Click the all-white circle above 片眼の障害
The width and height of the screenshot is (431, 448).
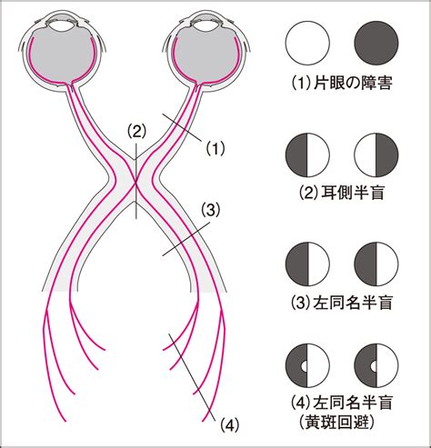pos(307,43)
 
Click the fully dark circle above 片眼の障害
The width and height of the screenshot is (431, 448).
pos(376,43)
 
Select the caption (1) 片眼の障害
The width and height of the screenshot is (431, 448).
pos(342,83)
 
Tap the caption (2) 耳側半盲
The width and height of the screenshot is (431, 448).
pos(342,192)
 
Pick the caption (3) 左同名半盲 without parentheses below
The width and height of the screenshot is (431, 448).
pos(342,302)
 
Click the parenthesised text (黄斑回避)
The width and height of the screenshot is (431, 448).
pos(342,422)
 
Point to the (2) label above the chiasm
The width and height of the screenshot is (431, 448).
pos(136,131)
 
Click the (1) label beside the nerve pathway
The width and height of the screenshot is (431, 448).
pos(215,148)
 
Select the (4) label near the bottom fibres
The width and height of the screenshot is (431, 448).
pos(229,425)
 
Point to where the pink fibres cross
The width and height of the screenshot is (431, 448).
pos(135,182)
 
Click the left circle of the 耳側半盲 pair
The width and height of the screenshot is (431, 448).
pos(307,154)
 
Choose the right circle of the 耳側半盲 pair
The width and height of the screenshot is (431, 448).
pos(376,154)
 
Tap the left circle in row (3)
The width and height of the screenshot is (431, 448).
pos(307,264)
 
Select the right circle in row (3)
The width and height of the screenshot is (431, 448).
pos(376,264)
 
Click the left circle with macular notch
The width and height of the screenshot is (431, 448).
pos(307,365)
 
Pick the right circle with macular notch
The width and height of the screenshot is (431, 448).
pos(376,365)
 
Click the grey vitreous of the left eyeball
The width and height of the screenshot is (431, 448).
pos(61,56)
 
